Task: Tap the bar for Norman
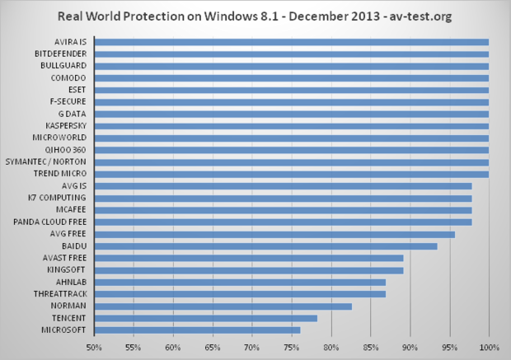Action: coord(223,306)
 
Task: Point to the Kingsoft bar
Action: coord(249,269)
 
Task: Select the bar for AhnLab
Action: coord(241,282)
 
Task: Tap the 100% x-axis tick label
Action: coord(489,347)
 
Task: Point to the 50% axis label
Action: coord(95,347)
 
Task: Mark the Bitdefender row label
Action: coord(63,54)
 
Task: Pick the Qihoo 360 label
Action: coord(69,149)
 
